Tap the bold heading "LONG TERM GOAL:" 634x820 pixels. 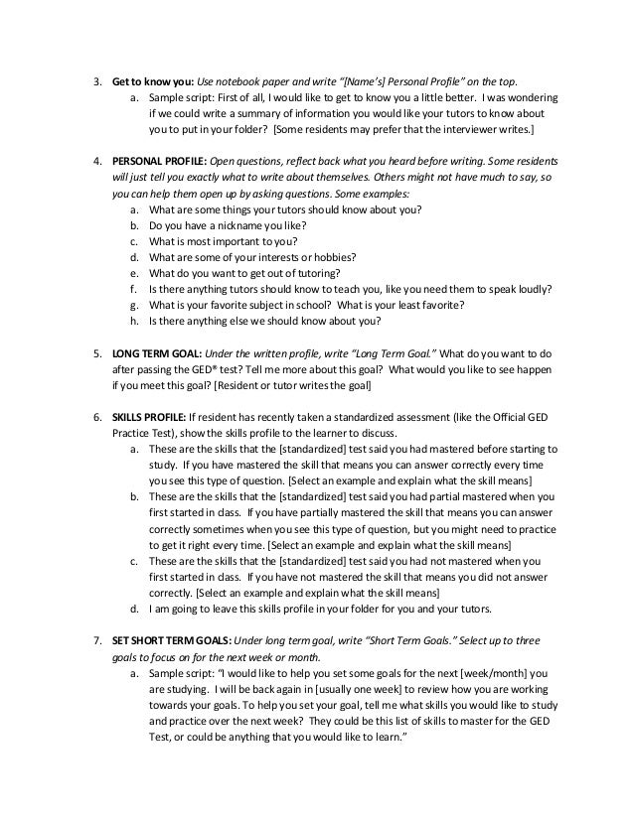(153, 353)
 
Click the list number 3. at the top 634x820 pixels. (97, 81)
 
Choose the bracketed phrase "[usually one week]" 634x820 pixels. (345, 691)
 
